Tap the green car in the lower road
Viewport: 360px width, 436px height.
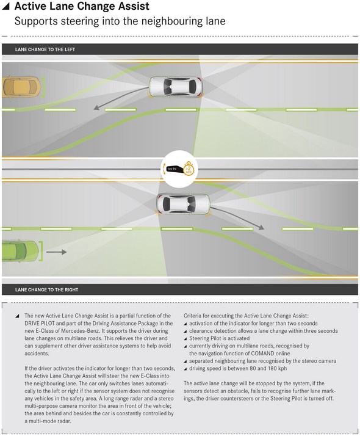click(x=20, y=252)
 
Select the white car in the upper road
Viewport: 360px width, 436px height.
click(x=176, y=87)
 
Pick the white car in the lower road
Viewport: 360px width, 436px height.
click(x=183, y=205)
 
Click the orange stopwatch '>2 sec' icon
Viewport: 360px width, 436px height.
click(x=189, y=169)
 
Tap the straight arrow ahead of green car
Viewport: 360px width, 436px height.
click(x=56, y=252)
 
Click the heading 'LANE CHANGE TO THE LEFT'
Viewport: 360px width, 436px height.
click(x=45, y=49)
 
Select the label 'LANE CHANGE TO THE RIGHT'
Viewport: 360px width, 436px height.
click(x=46, y=289)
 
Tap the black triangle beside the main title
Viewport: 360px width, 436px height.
click(x=6, y=6)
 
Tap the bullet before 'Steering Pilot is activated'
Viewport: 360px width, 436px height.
click(x=185, y=339)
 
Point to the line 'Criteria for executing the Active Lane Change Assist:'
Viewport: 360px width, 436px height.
click(x=246, y=316)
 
